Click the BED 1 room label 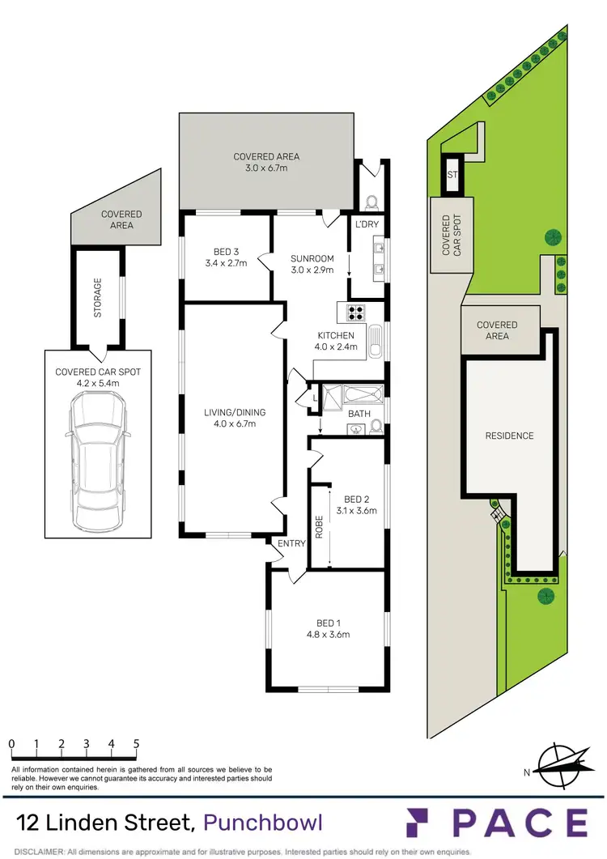[x=326, y=623]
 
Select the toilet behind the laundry [x=371, y=202]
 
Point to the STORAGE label [x=98, y=297]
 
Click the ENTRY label [x=292, y=543]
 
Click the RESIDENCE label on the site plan [x=509, y=436]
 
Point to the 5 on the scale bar [x=136, y=743]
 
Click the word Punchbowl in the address [x=263, y=823]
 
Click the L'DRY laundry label [x=367, y=223]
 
